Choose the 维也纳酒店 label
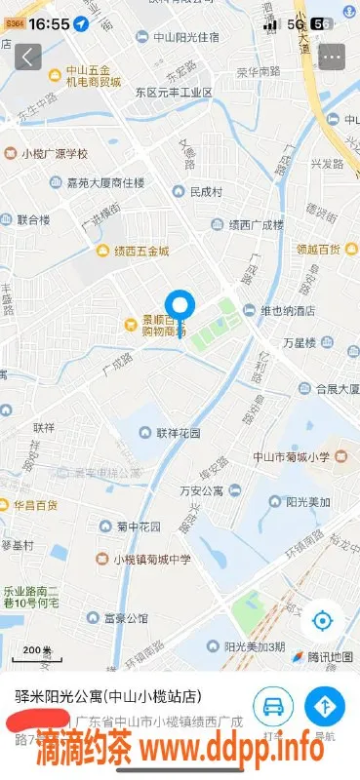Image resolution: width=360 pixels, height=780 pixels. coord(280,311)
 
